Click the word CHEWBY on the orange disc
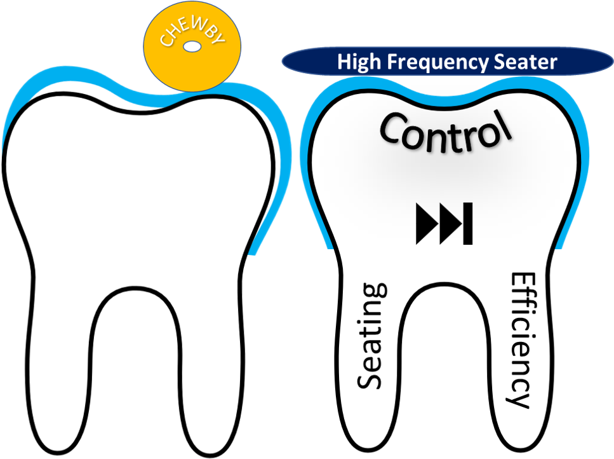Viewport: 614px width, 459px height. click(x=192, y=31)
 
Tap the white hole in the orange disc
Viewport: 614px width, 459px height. click(x=192, y=46)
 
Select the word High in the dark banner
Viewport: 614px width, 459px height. click(x=359, y=62)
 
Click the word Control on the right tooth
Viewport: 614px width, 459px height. click(x=446, y=132)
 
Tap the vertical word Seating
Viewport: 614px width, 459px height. click(x=371, y=336)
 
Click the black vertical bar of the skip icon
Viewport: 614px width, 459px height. click(x=467, y=223)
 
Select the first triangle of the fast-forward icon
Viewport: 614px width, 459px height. click(x=426, y=223)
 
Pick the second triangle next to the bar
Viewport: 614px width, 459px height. click(x=450, y=223)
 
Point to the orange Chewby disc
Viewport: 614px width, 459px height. click(x=192, y=47)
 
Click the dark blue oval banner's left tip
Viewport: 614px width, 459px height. click(x=283, y=62)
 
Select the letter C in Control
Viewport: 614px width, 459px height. click(x=393, y=127)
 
